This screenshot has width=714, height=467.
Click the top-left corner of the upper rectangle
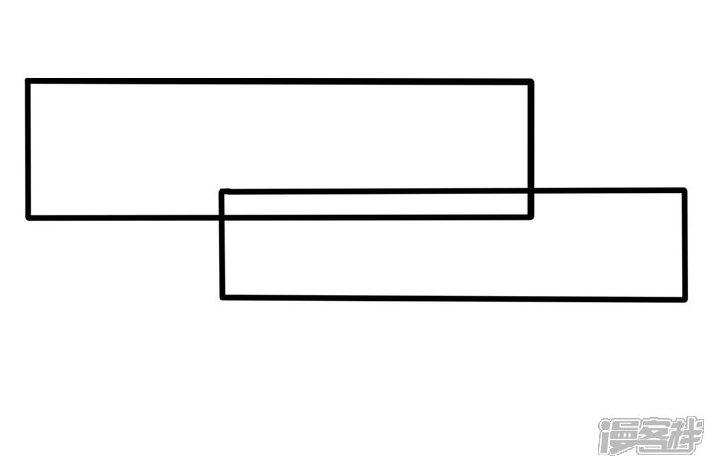coord(29,81)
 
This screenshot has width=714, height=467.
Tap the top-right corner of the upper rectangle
coord(530,83)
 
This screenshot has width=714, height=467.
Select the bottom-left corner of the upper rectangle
coord(29,217)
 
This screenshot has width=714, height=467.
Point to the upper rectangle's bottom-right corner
coord(530,216)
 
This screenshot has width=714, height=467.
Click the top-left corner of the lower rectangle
coord(222,192)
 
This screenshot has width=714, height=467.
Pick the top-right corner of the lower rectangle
coord(685,190)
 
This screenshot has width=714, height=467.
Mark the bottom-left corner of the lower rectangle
coord(222,297)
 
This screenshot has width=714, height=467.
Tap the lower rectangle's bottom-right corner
coord(685,299)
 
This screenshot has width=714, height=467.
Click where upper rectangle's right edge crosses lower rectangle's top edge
coord(530,191)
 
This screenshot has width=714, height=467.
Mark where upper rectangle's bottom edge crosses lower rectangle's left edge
coord(222,217)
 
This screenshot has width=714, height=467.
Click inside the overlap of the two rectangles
coord(375,204)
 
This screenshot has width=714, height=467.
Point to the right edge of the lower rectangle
coord(685,244)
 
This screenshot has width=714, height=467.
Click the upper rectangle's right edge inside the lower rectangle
coord(530,203)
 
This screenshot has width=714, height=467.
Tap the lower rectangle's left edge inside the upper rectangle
coord(222,204)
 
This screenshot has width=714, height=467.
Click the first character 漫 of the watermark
coord(617,436)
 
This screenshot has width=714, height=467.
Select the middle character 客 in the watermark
coord(651,436)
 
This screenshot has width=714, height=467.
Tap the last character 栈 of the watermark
coord(685,436)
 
